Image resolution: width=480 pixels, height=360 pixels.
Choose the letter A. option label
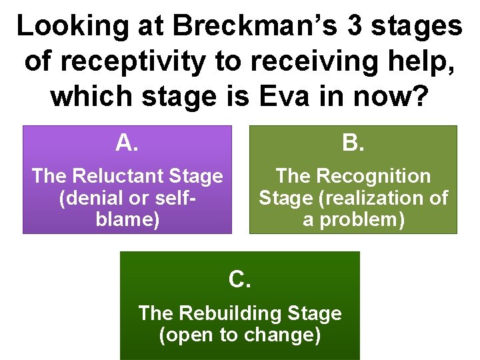pos(127,142)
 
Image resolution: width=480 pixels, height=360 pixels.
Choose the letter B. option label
pos(353,142)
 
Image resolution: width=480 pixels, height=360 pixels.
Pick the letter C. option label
pos(240,280)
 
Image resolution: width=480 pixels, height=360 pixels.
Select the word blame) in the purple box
pos(127,220)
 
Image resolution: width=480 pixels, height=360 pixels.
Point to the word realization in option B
pos(377,198)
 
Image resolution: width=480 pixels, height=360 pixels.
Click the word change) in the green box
pos(284,334)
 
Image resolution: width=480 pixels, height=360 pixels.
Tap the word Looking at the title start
pos(67,27)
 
